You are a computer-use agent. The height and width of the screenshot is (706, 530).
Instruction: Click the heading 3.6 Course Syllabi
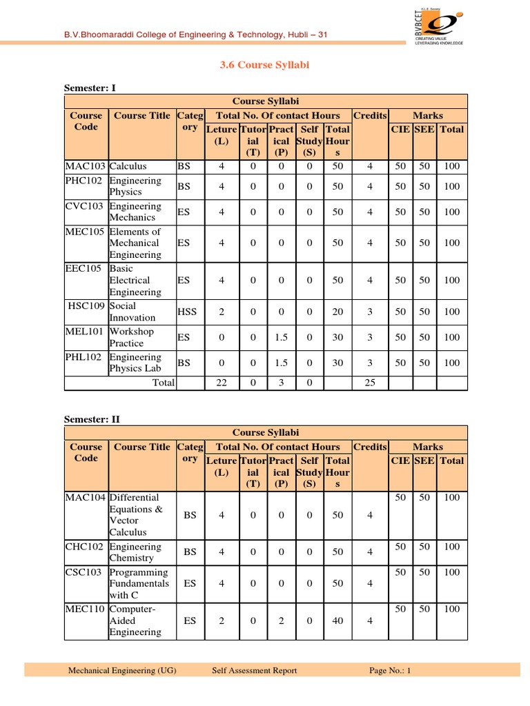[265, 65]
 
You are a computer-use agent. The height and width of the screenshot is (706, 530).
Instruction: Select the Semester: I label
[90, 88]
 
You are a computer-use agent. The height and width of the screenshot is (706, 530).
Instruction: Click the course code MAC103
[86, 166]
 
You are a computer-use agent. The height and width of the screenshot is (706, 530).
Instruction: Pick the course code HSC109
[87, 306]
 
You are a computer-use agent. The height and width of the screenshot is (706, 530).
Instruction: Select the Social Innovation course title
[132, 312]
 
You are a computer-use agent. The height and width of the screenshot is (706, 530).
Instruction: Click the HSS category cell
[187, 312]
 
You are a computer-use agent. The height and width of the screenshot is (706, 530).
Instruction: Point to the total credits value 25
[370, 383]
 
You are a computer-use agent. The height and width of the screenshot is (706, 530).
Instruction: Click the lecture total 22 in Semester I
[222, 383]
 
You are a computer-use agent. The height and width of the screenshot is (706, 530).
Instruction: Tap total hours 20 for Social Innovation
[337, 312]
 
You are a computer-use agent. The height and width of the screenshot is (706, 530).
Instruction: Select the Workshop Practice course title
[135, 337]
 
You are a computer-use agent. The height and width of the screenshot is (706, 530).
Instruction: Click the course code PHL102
[86, 357]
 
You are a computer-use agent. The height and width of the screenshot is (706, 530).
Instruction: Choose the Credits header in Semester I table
[370, 116]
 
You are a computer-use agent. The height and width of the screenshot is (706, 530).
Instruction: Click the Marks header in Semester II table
[428, 447]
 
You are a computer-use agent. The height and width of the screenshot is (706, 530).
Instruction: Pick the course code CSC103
[86, 572]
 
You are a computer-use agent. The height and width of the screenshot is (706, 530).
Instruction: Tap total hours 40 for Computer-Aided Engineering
[337, 621]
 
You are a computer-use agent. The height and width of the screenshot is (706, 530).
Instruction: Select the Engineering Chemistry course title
[135, 552]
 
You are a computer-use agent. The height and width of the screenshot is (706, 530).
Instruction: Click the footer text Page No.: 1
[390, 669]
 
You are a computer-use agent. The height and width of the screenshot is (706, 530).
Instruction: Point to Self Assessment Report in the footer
[255, 669]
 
